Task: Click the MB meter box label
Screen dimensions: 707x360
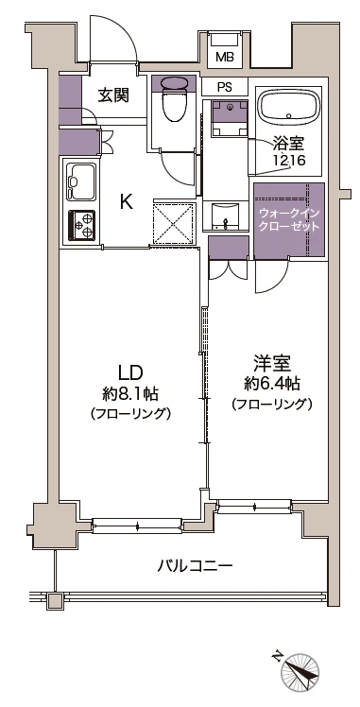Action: [224, 58]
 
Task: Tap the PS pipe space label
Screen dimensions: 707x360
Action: [224, 87]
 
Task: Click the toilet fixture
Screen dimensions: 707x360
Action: [175, 106]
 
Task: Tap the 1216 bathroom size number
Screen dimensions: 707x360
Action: [288, 161]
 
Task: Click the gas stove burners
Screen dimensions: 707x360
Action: [81, 224]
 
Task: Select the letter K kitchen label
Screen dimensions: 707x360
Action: [125, 200]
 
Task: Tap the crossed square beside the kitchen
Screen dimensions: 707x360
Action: [172, 224]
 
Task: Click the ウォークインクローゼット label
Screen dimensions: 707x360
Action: [289, 220]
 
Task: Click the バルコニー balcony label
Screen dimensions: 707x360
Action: [195, 566]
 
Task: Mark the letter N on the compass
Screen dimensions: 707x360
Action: [278, 653]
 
